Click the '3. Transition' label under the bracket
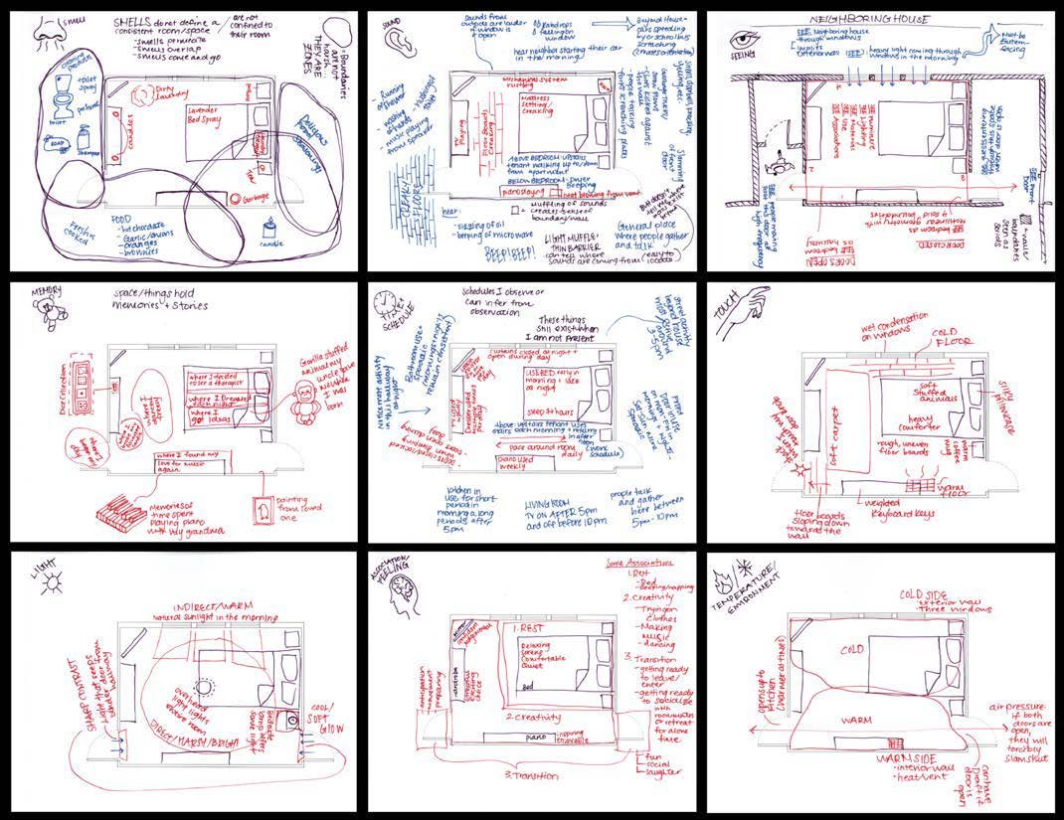532,776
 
